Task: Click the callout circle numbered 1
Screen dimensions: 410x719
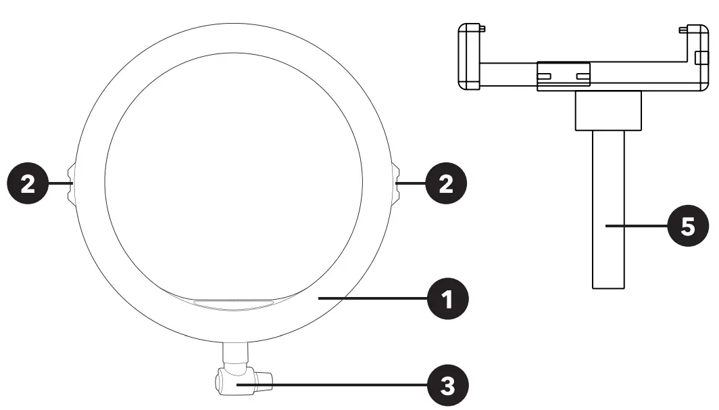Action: tap(449, 298)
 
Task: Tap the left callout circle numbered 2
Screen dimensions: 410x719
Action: tap(28, 183)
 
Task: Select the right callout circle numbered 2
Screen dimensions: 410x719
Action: tap(445, 183)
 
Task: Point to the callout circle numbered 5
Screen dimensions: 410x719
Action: tap(688, 226)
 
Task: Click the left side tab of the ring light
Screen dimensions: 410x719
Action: tap(71, 183)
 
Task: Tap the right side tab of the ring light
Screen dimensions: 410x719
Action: tap(396, 183)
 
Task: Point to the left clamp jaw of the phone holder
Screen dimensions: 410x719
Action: tap(469, 57)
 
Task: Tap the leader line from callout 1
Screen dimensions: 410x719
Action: tap(372, 298)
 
